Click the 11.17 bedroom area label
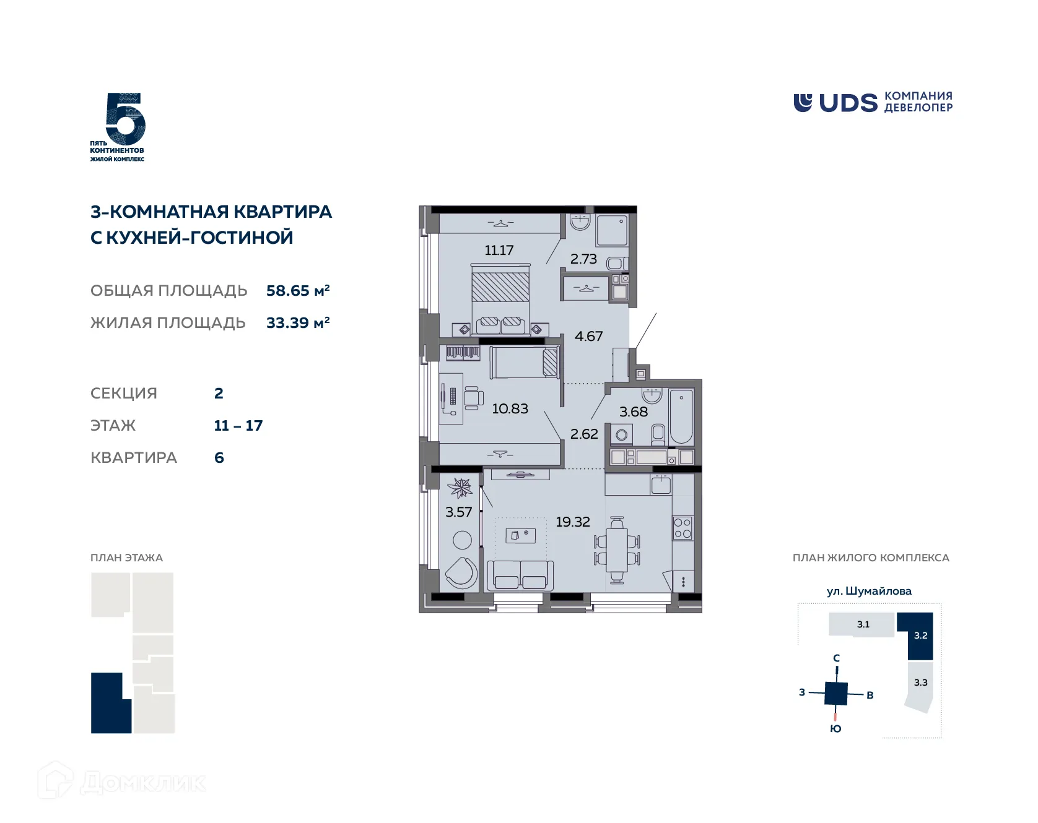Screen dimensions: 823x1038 pyautogui.click(x=499, y=250)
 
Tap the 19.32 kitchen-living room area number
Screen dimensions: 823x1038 pyautogui.click(x=572, y=522)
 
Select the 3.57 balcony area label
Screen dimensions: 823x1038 pyautogui.click(x=458, y=512)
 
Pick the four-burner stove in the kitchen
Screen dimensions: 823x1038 pyautogui.click(x=683, y=528)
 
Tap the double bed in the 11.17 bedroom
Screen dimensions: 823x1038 pyautogui.click(x=500, y=297)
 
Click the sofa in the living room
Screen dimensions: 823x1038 pyautogui.click(x=520, y=575)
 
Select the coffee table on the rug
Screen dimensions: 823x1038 pyautogui.click(x=520, y=535)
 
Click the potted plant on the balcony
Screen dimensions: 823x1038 pyautogui.click(x=460, y=488)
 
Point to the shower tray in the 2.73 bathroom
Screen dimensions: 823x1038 pyautogui.click(x=612, y=230)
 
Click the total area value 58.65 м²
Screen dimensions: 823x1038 pyautogui.click(x=297, y=290)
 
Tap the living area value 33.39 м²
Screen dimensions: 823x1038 pyautogui.click(x=297, y=322)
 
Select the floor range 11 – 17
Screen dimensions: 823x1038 pyautogui.click(x=238, y=425)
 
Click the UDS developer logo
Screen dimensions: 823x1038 pyautogui.click(x=873, y=102)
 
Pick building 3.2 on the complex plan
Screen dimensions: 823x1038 pyautogui.click(x=920, y=635)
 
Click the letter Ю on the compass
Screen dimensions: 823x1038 pyautogui.click(x=835, y=728)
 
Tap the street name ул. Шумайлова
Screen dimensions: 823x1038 pyautogui.click(x=869, y=591)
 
